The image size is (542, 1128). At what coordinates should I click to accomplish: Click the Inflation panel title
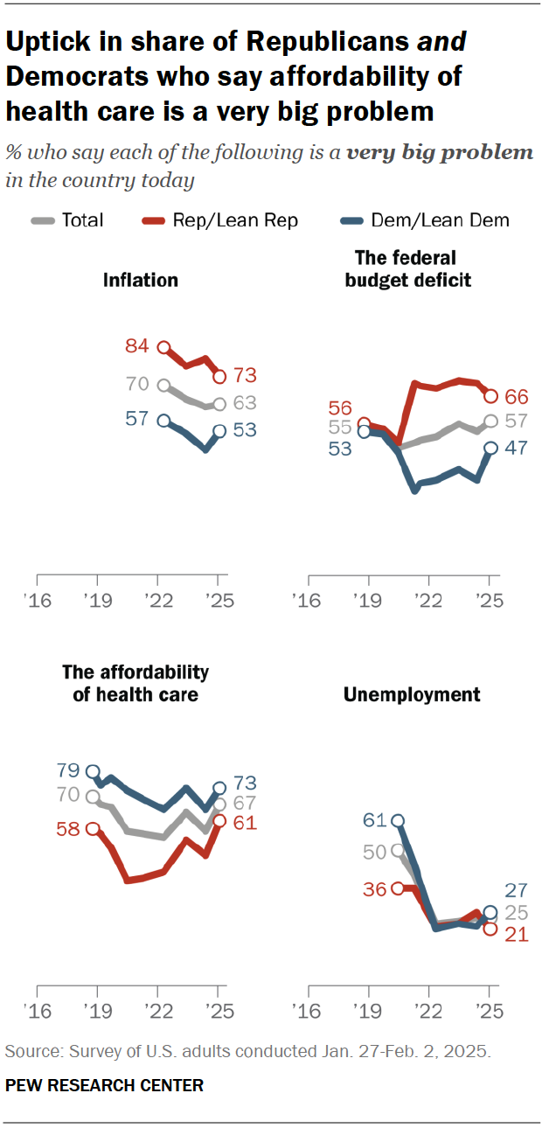pyautogui.click(x=141, y=280)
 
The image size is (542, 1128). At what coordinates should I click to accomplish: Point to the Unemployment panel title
pyautogui.click(x=412, y=694)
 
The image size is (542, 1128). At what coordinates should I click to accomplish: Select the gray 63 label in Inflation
pyautogui.click(x=245, y=404)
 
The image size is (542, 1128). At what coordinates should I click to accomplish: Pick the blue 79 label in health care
pyautogui.click(x=69, y=771)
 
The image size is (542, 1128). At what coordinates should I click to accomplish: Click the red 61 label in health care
pyautogui.click(x=246, y=822)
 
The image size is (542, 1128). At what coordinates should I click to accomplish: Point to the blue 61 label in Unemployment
pyautogui.click(x=374, y=820)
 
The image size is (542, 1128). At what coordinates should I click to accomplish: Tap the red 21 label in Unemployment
pyautogui.click(x=517, y=935)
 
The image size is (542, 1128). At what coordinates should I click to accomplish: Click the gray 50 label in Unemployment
pyautogui.click(x=374, y=851)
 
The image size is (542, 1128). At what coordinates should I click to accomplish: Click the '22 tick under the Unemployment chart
pyautogui.click(x=428, y=1015)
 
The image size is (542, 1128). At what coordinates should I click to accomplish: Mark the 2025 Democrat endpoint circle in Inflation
pyautogui.click(x=219, y=431)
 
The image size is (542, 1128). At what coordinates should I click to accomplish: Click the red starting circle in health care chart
pyautogui.click(x=94, y=828)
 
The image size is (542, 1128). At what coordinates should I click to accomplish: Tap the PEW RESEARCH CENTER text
pyautogui.click(x=104, y=1085)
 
